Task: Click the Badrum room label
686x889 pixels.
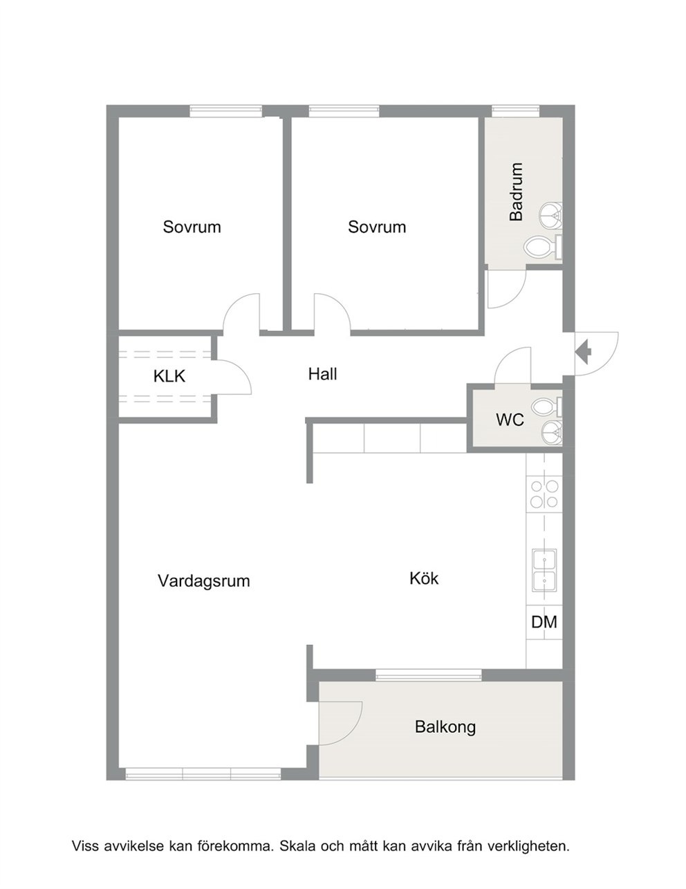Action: [517, 192]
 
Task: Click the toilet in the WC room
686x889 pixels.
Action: [547, 406]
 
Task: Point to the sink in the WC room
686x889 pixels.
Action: [553, 433]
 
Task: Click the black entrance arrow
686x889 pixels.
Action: [584, 352]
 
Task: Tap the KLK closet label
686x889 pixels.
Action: [169, 376]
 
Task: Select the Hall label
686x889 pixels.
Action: [323, 374]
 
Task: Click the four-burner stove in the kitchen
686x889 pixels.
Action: [544, 494]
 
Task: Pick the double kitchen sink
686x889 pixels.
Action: [544, 570]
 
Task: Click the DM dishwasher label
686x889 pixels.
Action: [544, 622]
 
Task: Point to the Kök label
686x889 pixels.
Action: [424, 578]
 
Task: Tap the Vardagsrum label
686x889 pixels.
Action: [204, 581]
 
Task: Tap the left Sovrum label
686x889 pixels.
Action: [192, 227]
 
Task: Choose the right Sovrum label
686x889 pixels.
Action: [377, 227]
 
